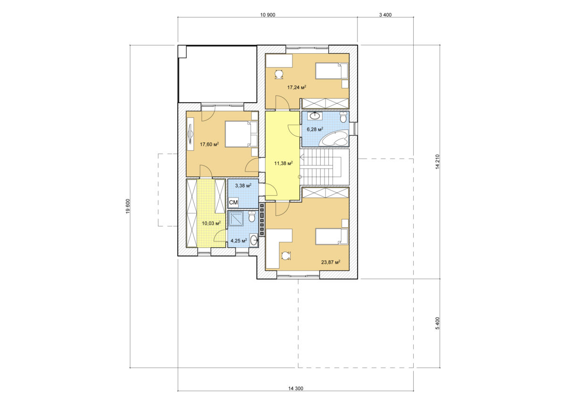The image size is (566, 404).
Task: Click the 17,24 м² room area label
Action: pos(297,87)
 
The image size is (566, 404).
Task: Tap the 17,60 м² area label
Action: pos(209,144)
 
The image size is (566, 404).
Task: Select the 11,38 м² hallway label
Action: pos(283,164)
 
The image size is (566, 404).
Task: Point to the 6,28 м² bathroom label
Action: pos(315,129)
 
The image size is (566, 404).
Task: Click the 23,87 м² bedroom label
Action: pos(331,262)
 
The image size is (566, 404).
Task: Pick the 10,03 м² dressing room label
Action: pos(211,223)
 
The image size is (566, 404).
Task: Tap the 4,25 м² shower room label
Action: pos(238,240)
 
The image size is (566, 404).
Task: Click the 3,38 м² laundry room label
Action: pos(243,186)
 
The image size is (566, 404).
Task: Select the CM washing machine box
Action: pos(233,202)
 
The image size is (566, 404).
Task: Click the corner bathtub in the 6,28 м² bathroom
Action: pos(333,140)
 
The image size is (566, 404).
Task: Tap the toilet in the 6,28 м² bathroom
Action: pos(343,117)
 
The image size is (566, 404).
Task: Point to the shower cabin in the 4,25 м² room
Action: pos(236,218)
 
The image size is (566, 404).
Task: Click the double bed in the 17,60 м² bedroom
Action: pos(241,134)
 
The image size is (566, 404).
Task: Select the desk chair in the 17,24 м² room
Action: pos(279,75)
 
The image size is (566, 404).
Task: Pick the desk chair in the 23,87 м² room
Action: pos(285,256)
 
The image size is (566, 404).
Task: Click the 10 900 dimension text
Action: pos(267,15)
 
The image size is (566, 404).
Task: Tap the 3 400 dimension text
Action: pos(385,15)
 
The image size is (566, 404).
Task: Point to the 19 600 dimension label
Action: pos(128,206)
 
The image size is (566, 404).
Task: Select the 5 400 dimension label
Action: pos(437,323)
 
